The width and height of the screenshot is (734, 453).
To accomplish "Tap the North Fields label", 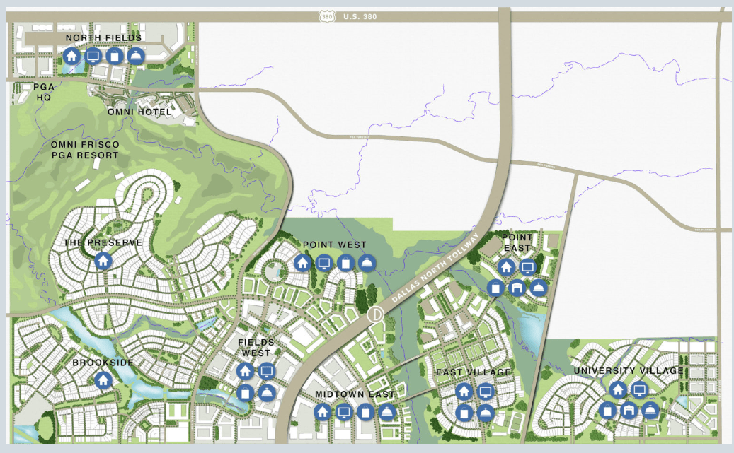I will (103, 37).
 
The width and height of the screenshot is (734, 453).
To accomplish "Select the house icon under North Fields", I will (71, 56).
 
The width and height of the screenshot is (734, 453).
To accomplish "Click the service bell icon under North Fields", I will (136, 56).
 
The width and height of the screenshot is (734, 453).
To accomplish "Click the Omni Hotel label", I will (139, 112).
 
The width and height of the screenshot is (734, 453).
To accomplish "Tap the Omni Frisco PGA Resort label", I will (85, 150).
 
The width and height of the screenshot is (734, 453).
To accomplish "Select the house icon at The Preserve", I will (103, 261).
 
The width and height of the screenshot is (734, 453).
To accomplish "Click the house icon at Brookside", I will (103, 380).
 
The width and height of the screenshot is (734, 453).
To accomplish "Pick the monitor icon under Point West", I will (324, 264).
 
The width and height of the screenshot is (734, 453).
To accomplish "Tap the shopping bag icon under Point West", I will (345, 264).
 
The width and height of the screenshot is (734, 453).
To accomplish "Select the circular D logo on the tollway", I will (375, 314).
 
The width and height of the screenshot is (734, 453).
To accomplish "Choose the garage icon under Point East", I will (517, 288).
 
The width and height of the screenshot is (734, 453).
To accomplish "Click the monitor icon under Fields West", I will (266, 370).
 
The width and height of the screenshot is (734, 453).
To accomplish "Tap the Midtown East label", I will (355, 394).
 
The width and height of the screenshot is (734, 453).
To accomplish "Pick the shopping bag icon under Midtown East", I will (365, 412).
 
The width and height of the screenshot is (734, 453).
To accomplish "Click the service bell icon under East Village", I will (485, 412).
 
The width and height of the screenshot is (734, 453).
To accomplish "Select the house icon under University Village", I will (618, 389).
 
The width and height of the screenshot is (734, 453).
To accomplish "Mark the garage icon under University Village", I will (629, 410).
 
